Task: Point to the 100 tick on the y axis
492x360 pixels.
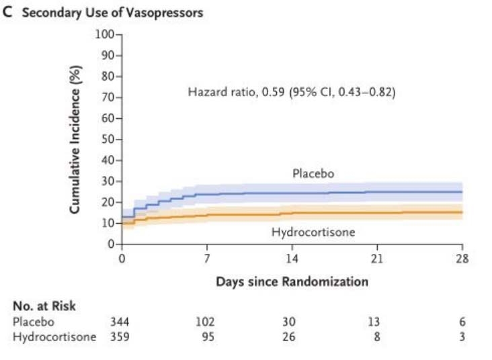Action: click(106, 34)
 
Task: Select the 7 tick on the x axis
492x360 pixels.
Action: click(207, 258)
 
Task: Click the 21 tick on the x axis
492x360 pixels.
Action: click(376, 258)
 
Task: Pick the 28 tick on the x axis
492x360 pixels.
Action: click(462, 258)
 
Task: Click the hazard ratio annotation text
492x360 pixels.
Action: click(291, 92)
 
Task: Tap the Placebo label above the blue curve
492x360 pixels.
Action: click(313, 174)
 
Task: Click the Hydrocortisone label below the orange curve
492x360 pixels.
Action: click(313, 232)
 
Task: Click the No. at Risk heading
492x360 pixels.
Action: click(44, 306)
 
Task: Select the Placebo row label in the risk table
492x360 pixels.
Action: click(32, 322)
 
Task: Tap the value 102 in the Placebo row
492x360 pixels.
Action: click(206, 322)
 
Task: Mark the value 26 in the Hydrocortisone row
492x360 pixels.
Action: click(290, 336)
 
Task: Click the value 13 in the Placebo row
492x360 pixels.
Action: click(375, 322)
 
